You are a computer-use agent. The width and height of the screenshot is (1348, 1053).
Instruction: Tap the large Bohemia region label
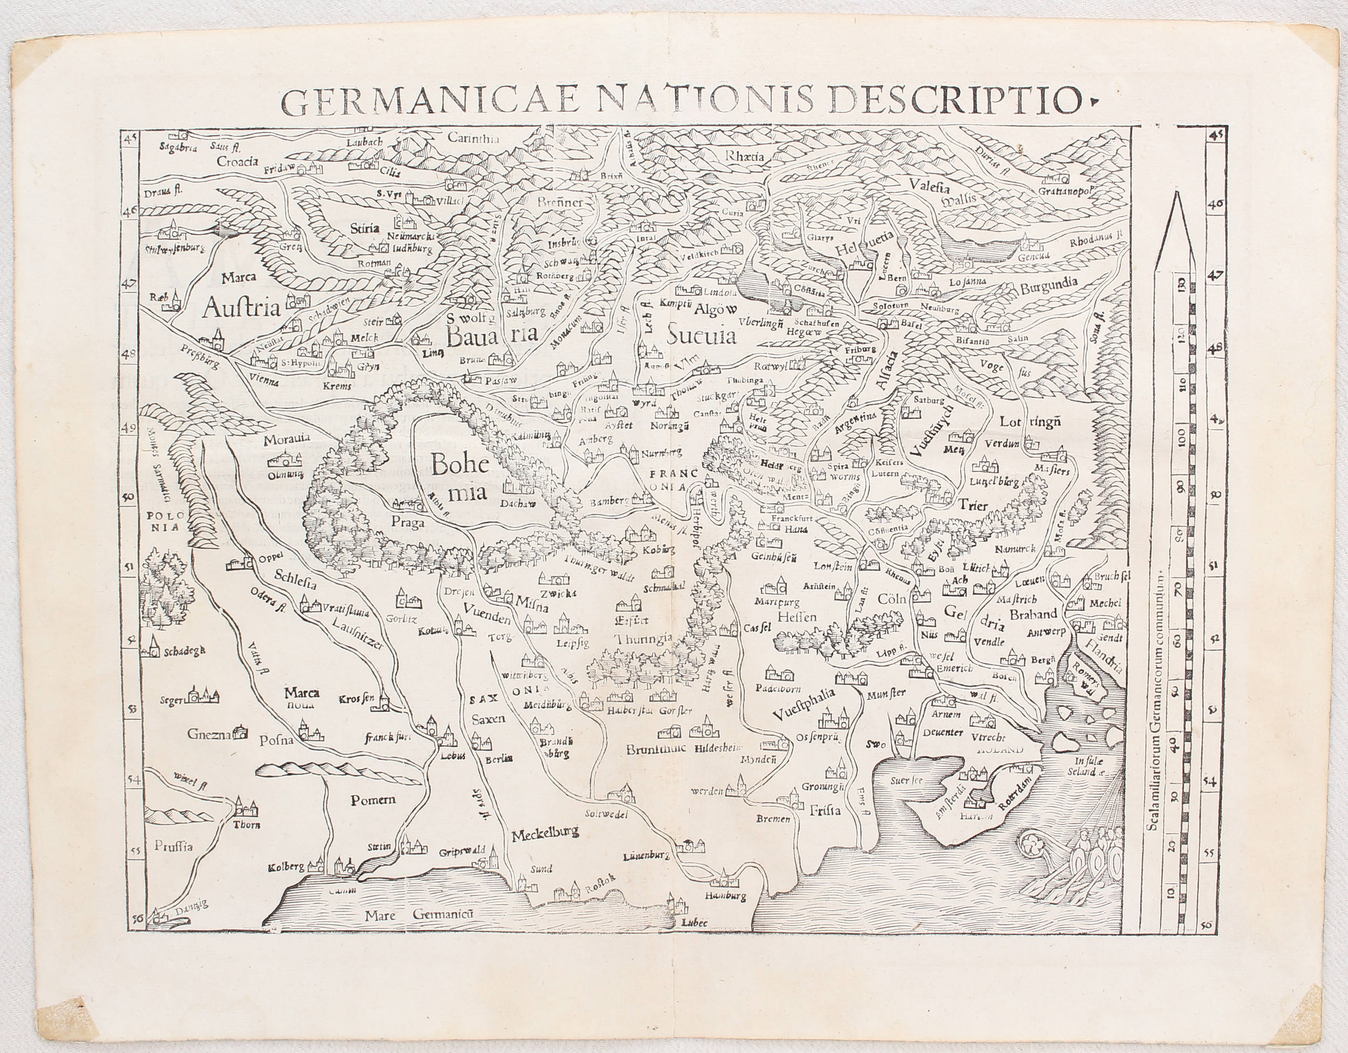click(x=457, y=478)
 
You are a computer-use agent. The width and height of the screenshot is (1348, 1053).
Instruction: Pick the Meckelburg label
click(x=545, y=831)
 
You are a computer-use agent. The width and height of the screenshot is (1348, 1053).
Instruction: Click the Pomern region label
click(x=373, y=801)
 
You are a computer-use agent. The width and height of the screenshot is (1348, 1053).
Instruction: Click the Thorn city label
click(x=247, y=824)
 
